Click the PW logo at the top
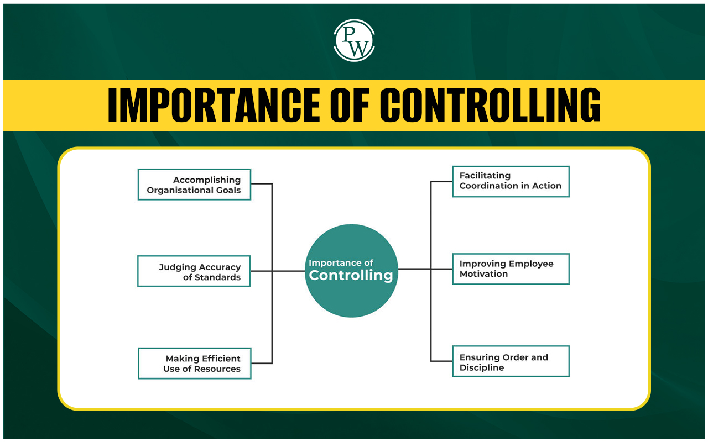point(354,40)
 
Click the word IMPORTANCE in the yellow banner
point(214,104)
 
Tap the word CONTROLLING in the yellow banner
point(490,104)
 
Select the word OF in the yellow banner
point(350,104)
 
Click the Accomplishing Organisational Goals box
point(194,185)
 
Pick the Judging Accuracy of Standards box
point(194,271)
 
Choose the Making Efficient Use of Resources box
point(195,364)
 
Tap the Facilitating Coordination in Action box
point(511,182)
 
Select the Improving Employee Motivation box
point(511,269)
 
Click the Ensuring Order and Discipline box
point(511,361)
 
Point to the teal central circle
point(351,271)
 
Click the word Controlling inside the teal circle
point(351,276)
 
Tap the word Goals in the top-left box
point(228,190)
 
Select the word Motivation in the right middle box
point(483,274)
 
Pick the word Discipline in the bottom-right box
point(482,367)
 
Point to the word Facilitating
point(485,176)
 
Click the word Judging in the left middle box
point(178,267)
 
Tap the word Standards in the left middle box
point(217,277)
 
